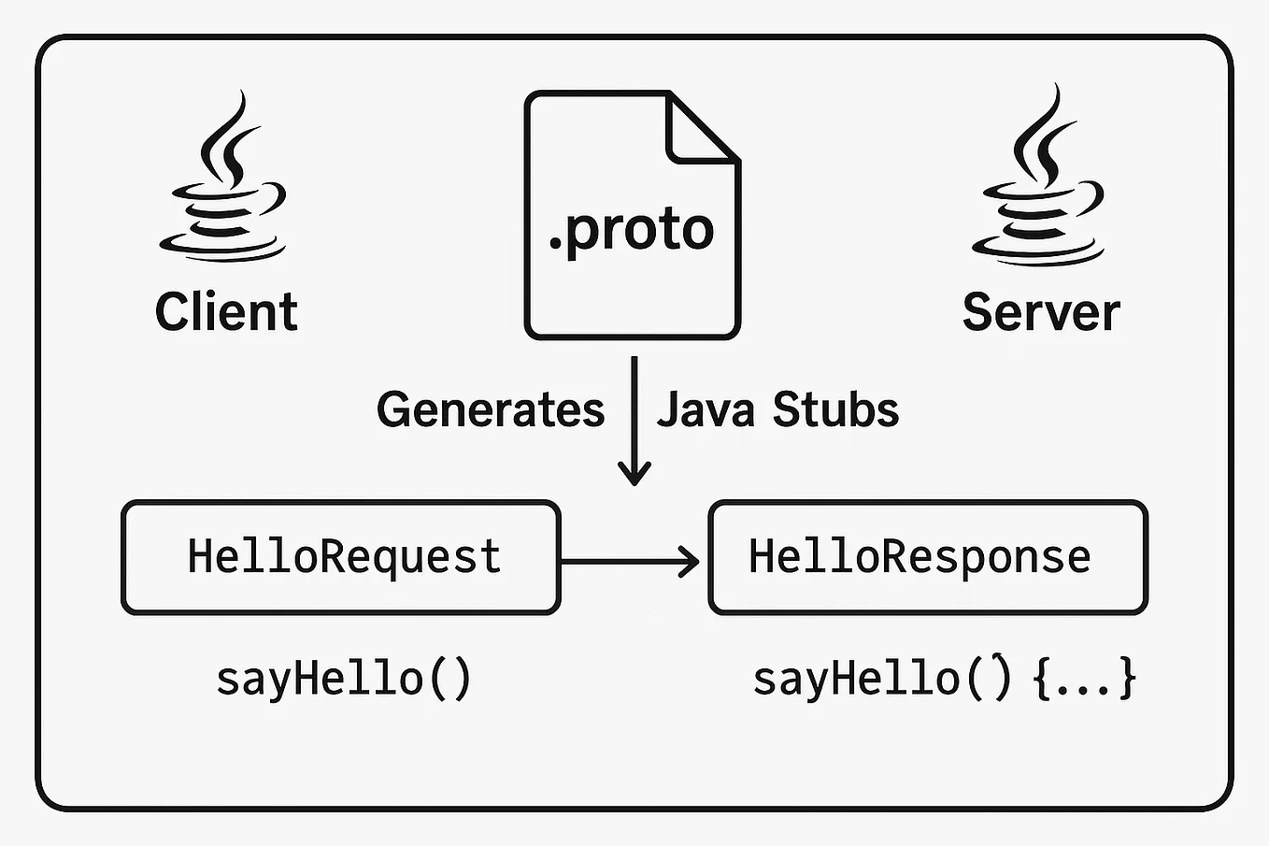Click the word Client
pyautogui.click(x=226, y=311)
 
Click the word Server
pyautogui.click(x=1040, y=312)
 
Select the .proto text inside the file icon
pyautogui.click(x=632, y=230)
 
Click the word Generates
pyautogui.click(x=491, y=409)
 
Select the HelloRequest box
pyautogui.click(x=341, y=557)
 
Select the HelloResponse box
pyautogui.click(x=927, y=557)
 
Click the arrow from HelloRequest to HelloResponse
pyautogui.click(x=631, y=561)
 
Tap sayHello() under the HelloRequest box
pyautogui.click(x=343, y=678)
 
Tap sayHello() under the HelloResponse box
pyautogui.click(x=881, y=678)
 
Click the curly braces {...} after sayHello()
pyautogui.click(x=1085, y=678)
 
